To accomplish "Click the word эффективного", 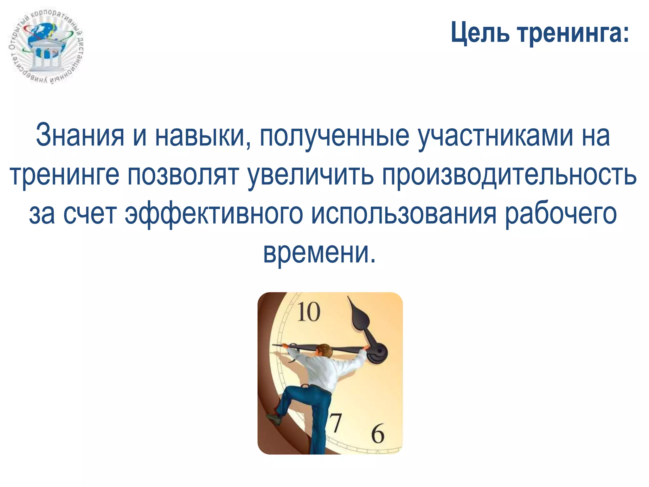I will [214, 214].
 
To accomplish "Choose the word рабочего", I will [561, 214].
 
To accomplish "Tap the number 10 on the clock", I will [308, 312].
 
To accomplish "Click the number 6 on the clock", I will [377, 433].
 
